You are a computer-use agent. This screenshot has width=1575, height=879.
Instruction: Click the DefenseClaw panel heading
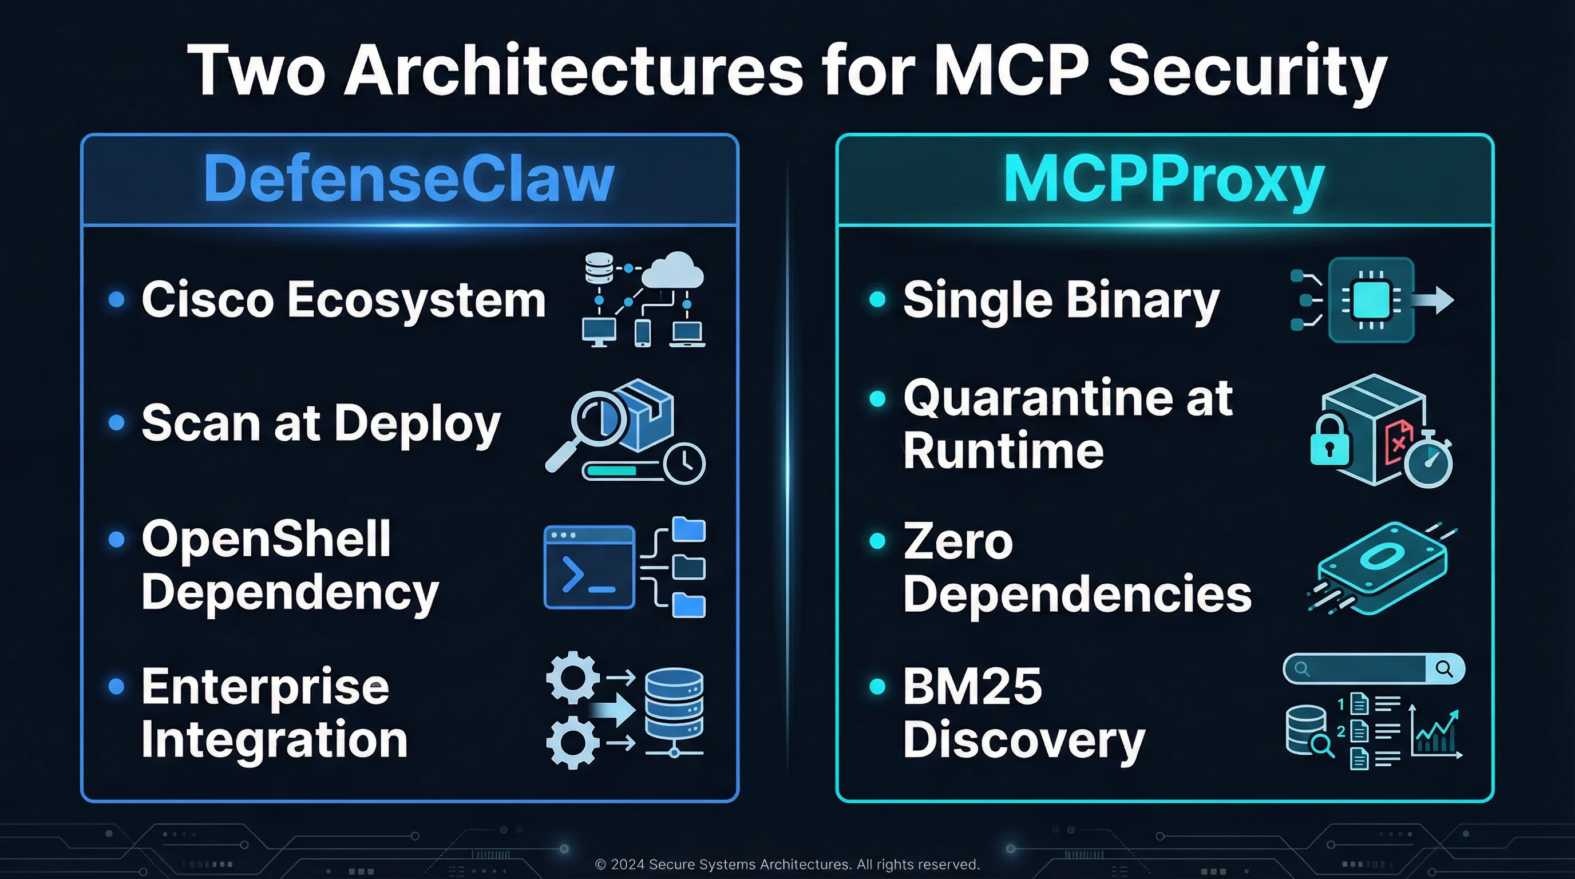tap(409, 179)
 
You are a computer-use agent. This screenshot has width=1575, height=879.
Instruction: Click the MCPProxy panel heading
tap(1164, 179)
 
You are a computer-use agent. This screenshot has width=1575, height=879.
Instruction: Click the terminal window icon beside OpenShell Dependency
tap(589, 567)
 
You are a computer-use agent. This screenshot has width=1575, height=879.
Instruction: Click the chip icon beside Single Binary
tap(1371, 300)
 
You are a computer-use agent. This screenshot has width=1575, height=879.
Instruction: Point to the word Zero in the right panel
tap(958, 541)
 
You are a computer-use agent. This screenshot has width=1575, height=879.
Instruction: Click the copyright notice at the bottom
tap(787, 864)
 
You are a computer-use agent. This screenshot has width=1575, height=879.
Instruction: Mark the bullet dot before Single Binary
tap(877, 299)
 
